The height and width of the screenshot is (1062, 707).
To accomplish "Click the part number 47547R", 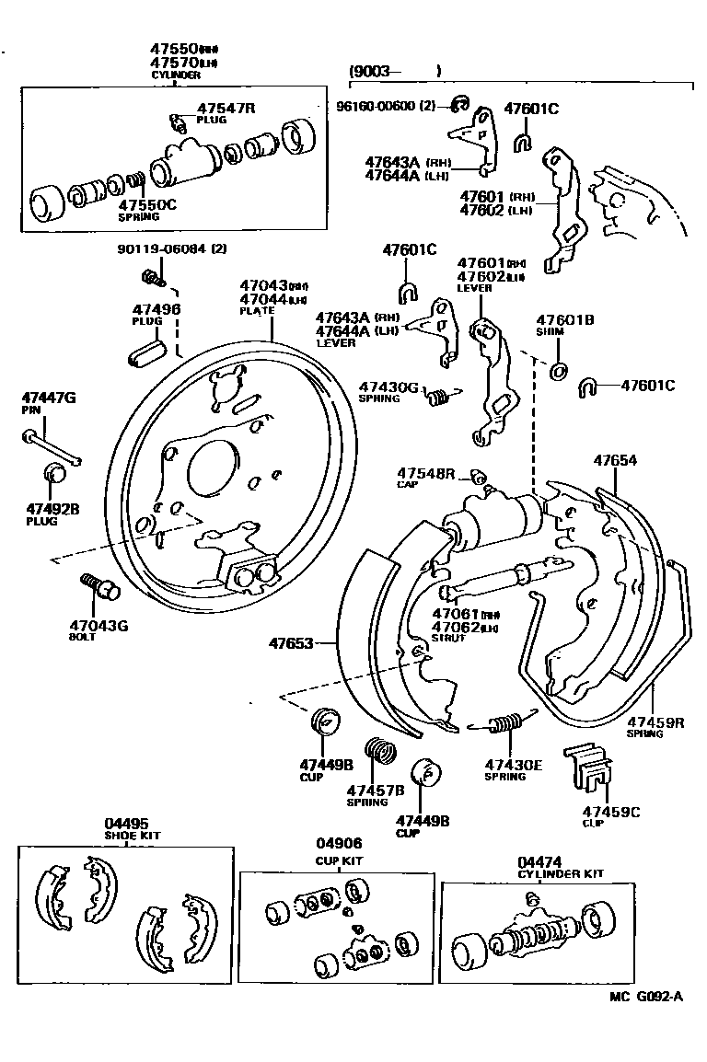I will click(x=226, y=108).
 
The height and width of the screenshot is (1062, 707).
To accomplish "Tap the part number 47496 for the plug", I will click(x=156, y=309).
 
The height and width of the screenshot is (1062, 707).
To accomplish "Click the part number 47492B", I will click(x=52, y=508).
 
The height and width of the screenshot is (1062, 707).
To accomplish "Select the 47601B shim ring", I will click(x=558, y=371).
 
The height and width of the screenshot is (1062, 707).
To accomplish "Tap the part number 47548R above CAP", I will click(x=426, y=473).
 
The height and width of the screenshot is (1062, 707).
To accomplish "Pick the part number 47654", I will click(x=616, y=460).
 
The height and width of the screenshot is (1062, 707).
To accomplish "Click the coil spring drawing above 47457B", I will click(x=380, y=752).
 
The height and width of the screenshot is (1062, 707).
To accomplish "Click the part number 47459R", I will click(x=656, y=722).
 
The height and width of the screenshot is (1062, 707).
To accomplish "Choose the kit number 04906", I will click(x=339, y=843).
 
